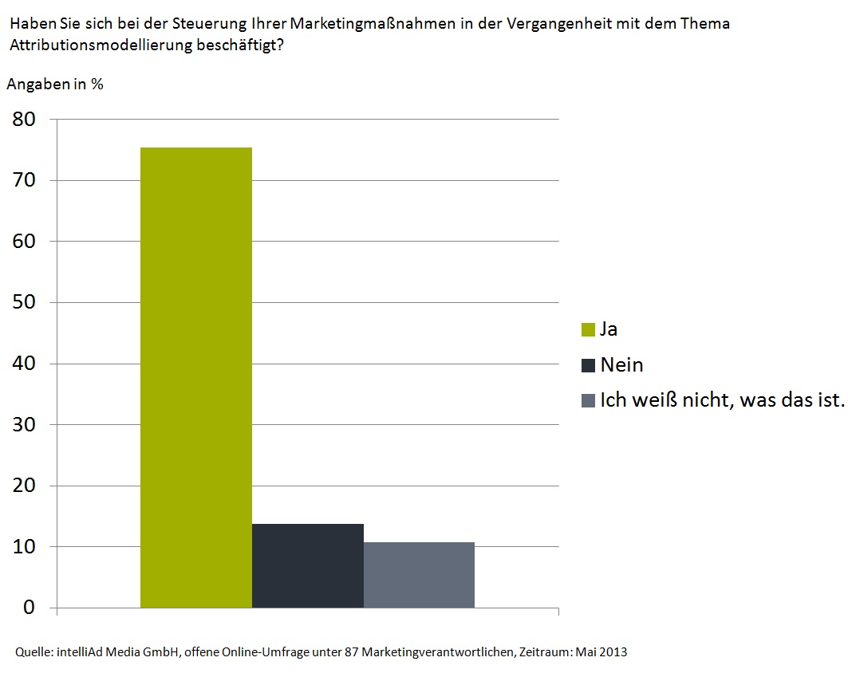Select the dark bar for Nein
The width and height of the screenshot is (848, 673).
(307, 565)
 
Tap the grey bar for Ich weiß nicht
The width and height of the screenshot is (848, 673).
(419, 575)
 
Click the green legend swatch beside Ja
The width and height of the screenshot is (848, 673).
(589, 329)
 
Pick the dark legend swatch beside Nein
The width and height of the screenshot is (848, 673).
(589, 365)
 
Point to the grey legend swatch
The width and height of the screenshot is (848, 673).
(589, 400)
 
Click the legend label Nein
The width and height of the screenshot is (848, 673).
(621, 365)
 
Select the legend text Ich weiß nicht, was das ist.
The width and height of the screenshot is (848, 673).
(721, 400)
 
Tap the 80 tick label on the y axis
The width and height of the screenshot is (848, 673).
(23, 120)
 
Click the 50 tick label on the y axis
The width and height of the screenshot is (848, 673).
(23, 302)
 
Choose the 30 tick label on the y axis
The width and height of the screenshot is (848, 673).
(23, 424)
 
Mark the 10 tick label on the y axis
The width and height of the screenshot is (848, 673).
(23, 547)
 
